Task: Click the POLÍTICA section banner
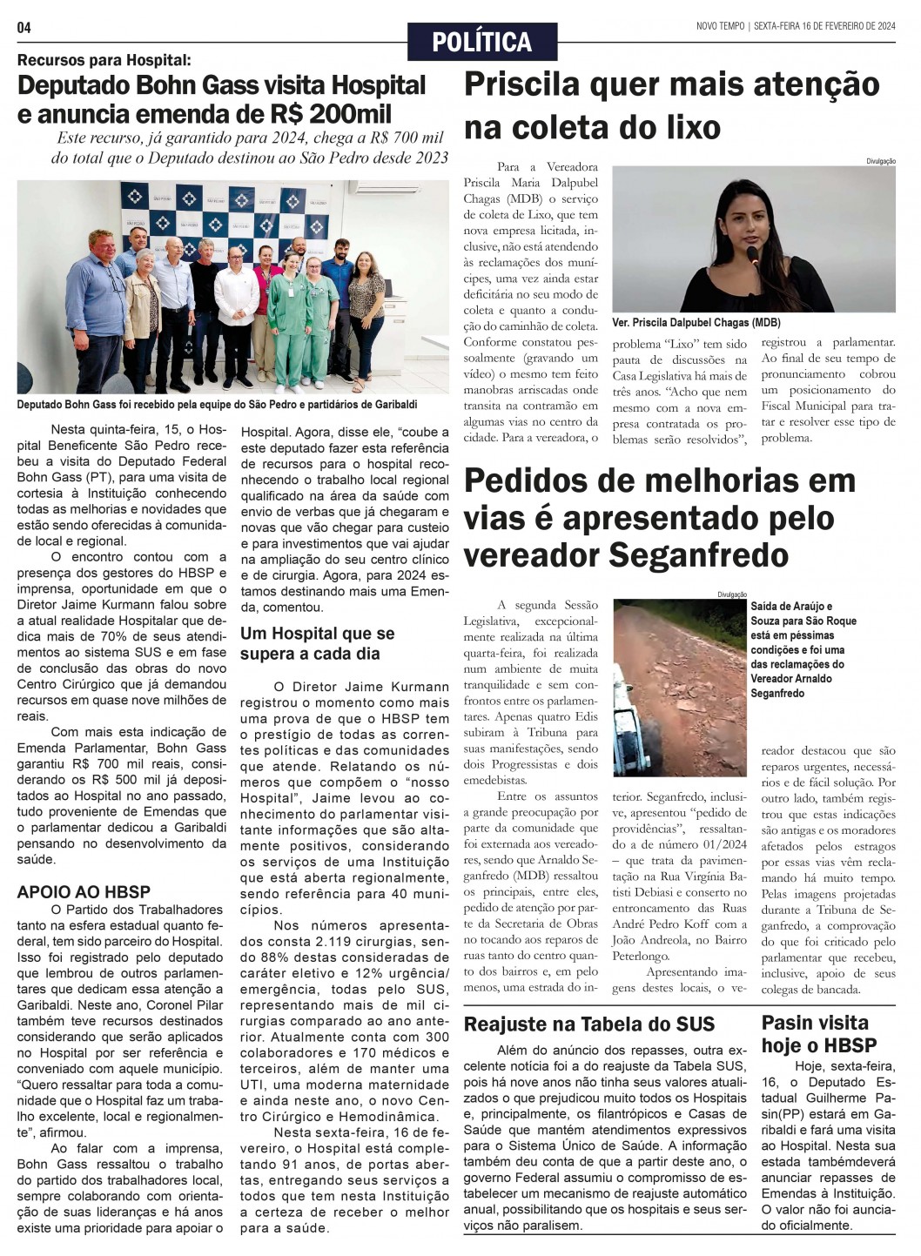pos(481,42)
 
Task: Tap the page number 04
pos(24,28)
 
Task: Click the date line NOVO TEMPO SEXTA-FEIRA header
pos(796,26)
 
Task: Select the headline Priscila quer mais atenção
pos(671,85)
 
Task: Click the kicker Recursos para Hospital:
pos(104,60)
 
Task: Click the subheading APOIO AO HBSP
pos(84,891)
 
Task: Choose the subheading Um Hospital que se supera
pos(317,643)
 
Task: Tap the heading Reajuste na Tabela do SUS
pos(589,1024)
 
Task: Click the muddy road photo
pos(679,688)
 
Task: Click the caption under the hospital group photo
pos(217,405)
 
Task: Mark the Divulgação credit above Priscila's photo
pos(880,161)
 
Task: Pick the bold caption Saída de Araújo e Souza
pos(803,649)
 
